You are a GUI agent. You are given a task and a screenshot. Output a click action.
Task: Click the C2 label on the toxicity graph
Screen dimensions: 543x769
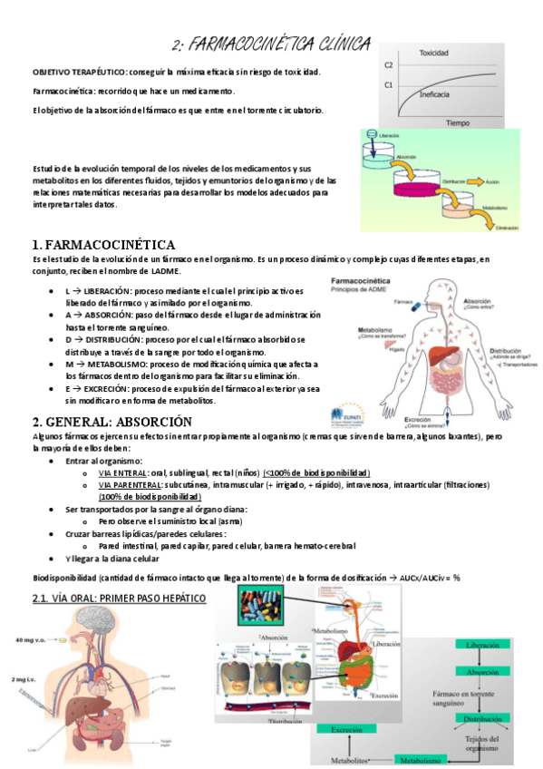(388, 65)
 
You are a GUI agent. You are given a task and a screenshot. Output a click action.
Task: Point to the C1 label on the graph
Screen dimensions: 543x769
(388, 85)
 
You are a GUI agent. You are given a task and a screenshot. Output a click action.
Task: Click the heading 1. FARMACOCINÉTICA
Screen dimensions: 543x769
(103, 245)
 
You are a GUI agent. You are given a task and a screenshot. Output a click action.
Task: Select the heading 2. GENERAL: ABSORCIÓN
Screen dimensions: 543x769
(112, 422)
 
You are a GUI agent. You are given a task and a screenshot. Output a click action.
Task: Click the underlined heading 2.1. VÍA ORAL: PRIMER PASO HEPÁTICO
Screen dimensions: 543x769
(119, 599)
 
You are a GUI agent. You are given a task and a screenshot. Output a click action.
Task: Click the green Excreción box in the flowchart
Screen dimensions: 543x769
(345, 728)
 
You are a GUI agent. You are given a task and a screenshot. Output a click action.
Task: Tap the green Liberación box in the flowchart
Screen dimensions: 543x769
(482, 645)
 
